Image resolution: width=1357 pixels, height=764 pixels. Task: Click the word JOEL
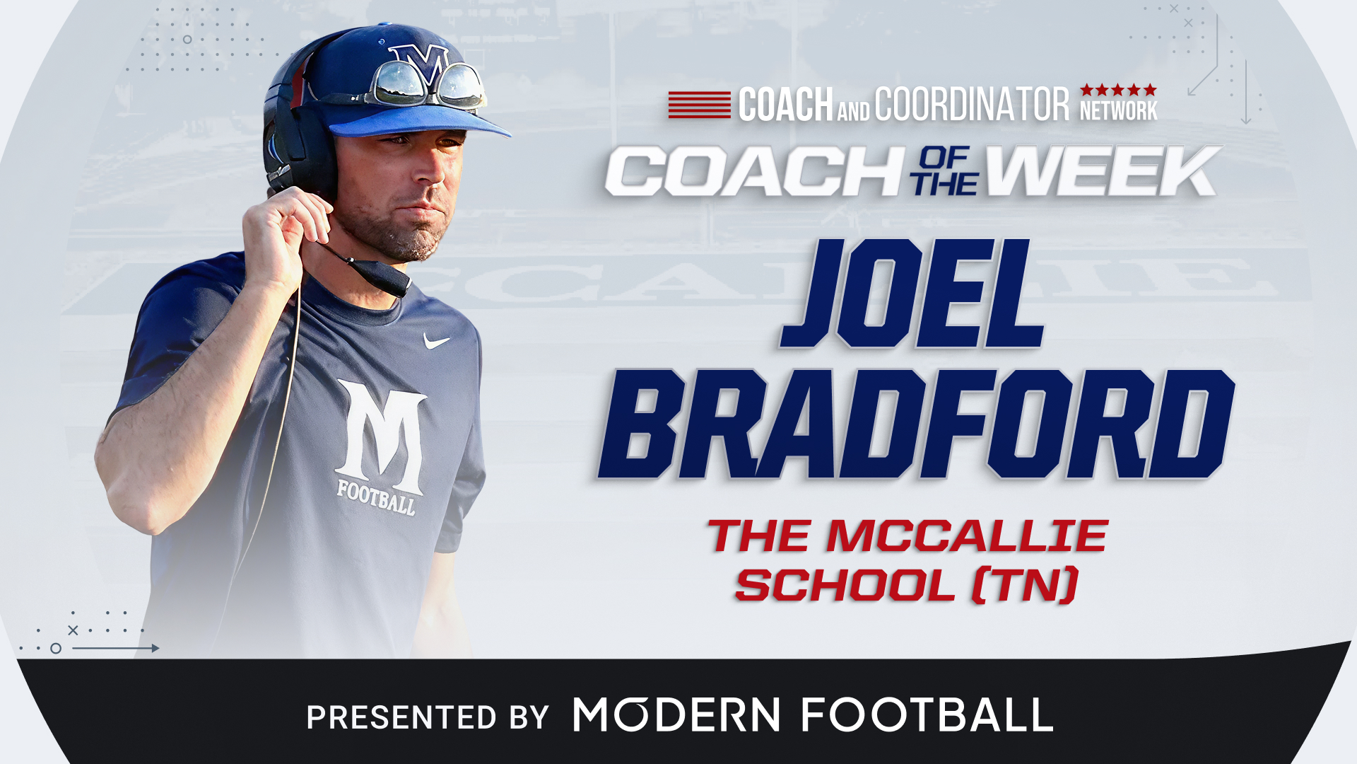tap(912, 293)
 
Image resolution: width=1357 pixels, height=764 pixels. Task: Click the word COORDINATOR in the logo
tap(973, 105)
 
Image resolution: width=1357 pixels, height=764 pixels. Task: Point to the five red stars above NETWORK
tap(1118, 90)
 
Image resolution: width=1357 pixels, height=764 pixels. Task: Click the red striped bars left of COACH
tap(700, 105)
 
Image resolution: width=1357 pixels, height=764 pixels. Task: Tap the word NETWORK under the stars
tap(1118, 111)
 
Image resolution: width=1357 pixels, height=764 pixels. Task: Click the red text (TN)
tap(1026, 585)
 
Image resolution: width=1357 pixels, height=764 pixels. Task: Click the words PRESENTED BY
tap(428, 717)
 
